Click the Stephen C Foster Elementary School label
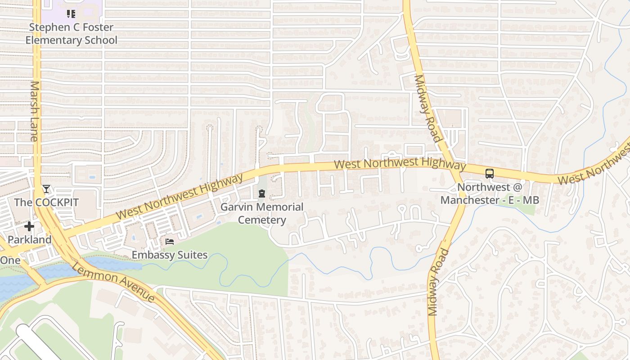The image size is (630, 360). [x=71, y=34]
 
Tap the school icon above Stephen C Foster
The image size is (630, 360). [x=71, y=14]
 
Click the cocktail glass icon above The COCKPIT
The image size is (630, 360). [x=46, y=189]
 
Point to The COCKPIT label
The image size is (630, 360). [x=46, y=202]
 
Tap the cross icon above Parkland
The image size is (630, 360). [x=29, y=226]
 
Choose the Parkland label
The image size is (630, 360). [x=30, y=240]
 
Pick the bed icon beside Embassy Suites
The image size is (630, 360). [x=170, y=242]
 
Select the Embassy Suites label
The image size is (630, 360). [x=170, y=255]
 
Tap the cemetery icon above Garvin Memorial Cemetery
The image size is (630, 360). [x=261, y=194]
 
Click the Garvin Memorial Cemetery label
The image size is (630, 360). [x=261, y=214]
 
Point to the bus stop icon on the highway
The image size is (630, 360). [x=490, y=174]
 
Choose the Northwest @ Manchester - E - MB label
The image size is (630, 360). [x=490, y=193]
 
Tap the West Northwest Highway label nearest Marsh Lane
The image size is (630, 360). [x=179, y=197]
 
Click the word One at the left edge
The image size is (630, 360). [x=10, y=260]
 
